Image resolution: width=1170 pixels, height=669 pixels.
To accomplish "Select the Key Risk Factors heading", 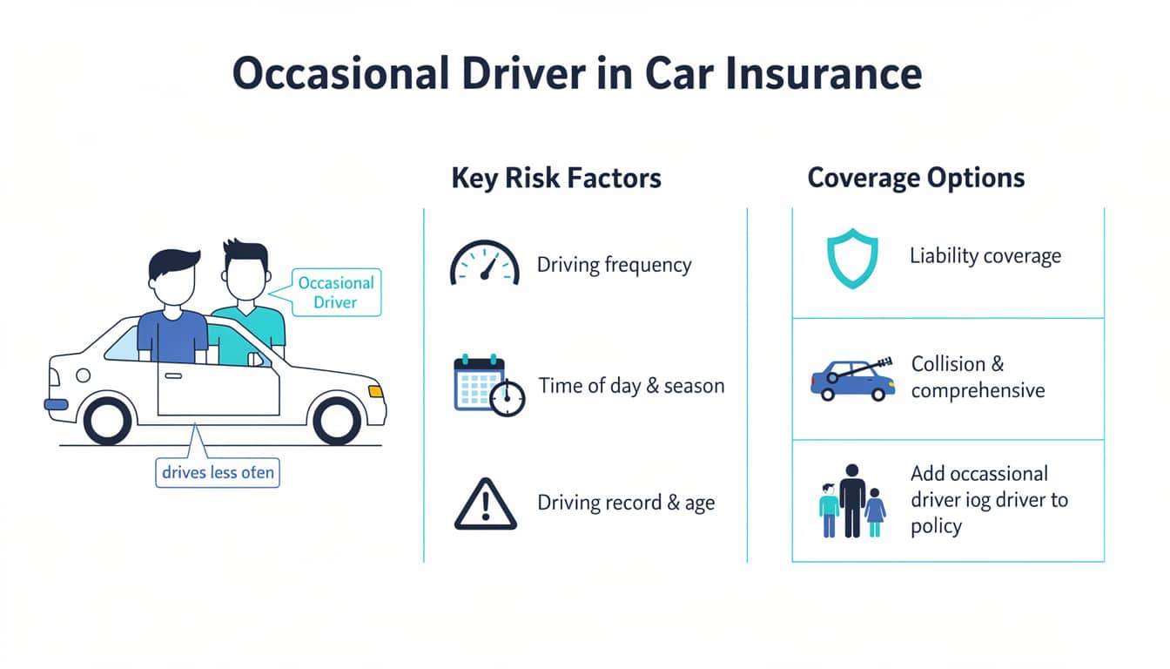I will tap(556, 179).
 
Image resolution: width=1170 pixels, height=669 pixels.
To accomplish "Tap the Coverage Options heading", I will tap(916, 179).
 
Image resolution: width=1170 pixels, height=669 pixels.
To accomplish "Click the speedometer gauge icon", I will tap(484, 263).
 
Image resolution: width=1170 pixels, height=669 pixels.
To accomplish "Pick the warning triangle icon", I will tap(485, 504).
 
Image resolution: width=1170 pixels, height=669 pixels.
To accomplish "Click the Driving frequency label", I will tap(614, 265).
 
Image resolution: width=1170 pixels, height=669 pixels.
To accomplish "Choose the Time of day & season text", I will tap(631, 385).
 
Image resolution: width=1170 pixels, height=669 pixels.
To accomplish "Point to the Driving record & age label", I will tap(626, 503).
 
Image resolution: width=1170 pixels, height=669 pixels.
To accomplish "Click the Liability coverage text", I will tap(985, 256).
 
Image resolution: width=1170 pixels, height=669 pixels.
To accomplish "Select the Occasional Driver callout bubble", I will tap(335, 293).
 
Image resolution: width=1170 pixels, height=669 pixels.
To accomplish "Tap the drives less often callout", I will tap(218, 473).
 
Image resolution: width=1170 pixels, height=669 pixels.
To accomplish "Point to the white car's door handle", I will tap(173, 375).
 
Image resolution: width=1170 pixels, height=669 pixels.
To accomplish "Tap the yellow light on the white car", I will tap(375, 391).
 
